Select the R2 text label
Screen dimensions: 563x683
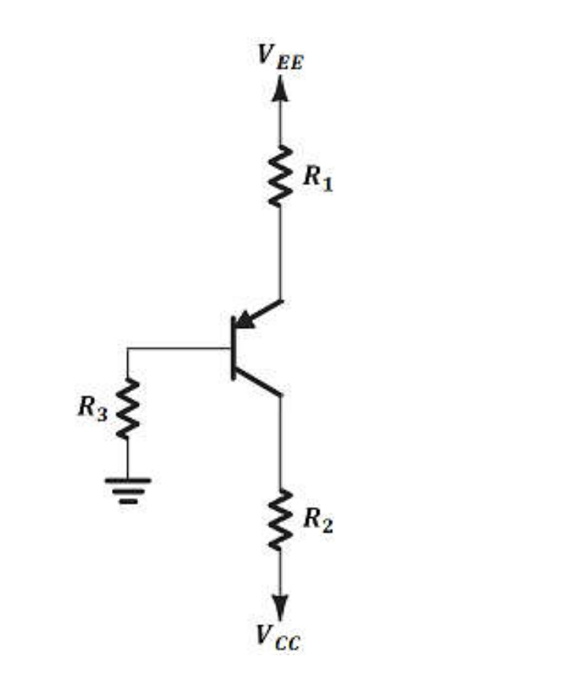pyautogui.click(x=317, y=521)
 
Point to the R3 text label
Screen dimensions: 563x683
pyautogui.click(x=93, y=408)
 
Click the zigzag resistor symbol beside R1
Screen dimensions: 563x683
pyautogui.click(x=280, y=176)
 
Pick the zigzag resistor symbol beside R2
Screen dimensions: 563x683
pyautogui.click(x=280, y=519)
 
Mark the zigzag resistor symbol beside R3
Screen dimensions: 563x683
pyautogui.click(x=128, y=408)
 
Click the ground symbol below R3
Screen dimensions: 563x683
pyautogui.click(x=128, y=489)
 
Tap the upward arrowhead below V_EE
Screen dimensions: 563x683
pyautogui.click(x=280, y=88)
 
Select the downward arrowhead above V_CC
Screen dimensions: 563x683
pyautogui.click(x=280, y=607)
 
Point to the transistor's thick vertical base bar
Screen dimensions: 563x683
pyautogui.click(x=233, y=348)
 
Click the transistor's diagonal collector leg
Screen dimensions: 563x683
pyautogui.click(x=257, y=382)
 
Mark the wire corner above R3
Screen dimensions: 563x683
pyautogui.click(x=128, y=349)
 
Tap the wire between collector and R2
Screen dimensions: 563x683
pyautogui.click(x=280, y=440)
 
